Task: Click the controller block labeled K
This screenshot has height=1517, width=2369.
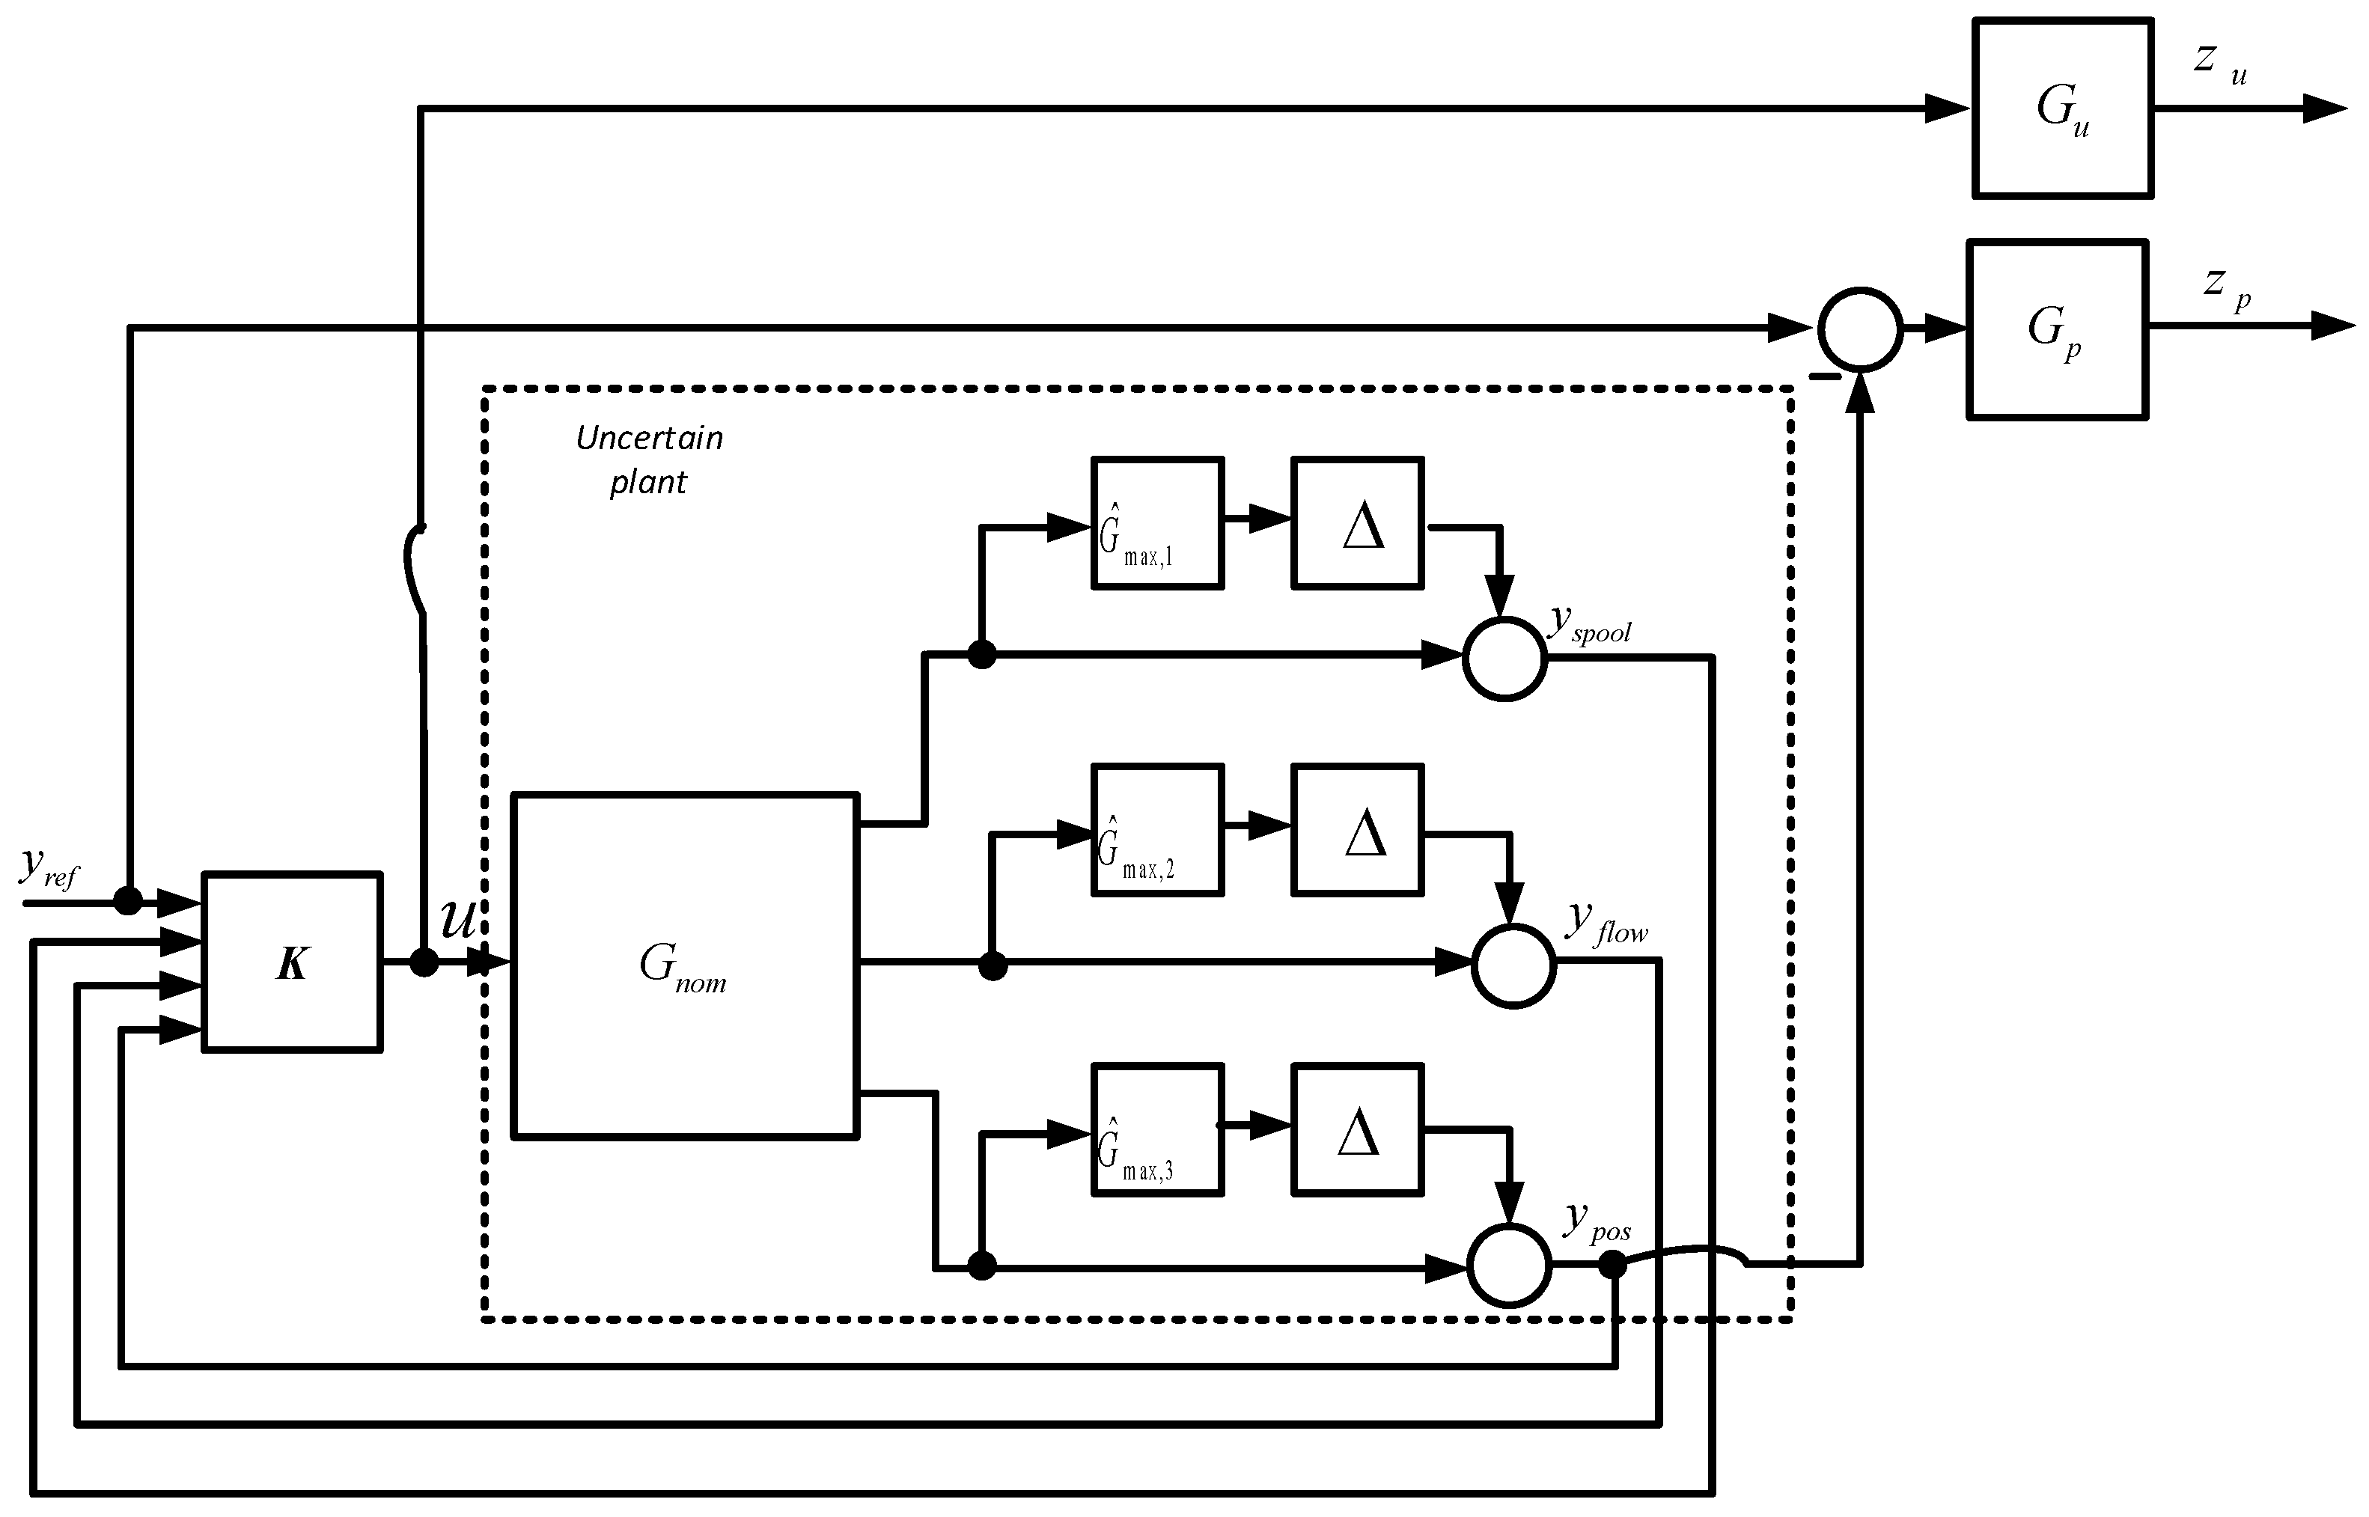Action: pos(292,962)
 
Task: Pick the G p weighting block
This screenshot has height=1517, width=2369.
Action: pos(2057,330)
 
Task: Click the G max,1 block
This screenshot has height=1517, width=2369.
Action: pos(1157,523)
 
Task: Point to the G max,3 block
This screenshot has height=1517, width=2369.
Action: pos(1157,1130)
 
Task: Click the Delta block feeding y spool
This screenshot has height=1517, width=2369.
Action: pos(1357,523)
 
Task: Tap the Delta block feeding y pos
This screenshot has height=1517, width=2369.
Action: pos(1357,1130)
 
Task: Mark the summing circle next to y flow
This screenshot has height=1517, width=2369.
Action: pos(1513,965)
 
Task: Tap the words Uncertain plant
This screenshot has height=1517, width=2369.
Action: pos(649,459)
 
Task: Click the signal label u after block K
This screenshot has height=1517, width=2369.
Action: pos(458,919)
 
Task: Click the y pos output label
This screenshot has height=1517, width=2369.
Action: pos(1597,1221)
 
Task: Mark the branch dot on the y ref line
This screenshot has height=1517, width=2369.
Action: pos(128,900)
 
